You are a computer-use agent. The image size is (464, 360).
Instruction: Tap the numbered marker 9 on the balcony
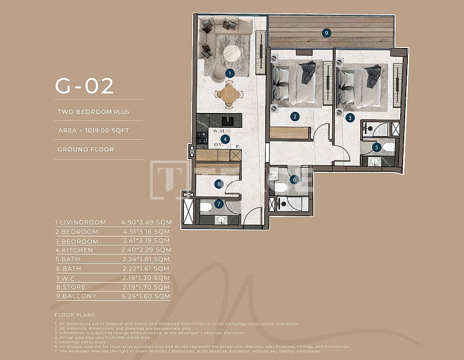click(x=327, y=33)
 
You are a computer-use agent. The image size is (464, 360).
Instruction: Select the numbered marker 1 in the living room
click(x=229, y=73)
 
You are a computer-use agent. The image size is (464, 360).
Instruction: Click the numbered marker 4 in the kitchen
click(x=224, y=139)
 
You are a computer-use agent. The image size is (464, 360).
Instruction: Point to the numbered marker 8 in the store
click(x=219, y=184)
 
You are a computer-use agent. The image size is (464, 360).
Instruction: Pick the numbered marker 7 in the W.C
click(x=219, y=204)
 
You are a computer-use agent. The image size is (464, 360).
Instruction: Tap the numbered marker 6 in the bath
click(x=294, y=179)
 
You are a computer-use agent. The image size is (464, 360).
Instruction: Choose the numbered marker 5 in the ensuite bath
click(x=377, y=147)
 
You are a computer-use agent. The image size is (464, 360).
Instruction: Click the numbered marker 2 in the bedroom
click(x=295, y=117)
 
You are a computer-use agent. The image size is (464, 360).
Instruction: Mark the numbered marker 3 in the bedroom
click(x=350, y=117)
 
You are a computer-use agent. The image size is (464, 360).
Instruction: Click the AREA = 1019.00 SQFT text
click(x=94, y=130)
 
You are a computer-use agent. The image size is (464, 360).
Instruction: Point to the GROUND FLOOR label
click(x=85, y=149)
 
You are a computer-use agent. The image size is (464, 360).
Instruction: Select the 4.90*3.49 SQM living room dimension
click(x=146, y=222)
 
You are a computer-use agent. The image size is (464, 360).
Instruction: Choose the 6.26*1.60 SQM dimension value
click(x=146, y=296)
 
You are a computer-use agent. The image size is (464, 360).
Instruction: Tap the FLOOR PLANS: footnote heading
click(x=75, y=315)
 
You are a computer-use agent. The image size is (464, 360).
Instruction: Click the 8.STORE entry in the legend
click(x=72, y=287)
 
